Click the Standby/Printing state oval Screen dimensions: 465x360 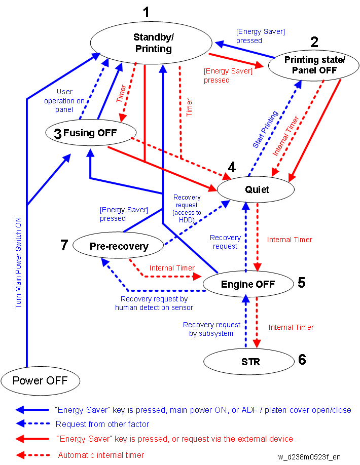point(152,43)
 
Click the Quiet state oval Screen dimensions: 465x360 point(256,189)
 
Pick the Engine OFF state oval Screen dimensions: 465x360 point(247,284)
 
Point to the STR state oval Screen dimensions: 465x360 point(247,362)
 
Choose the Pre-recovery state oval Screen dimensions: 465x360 point(119,246)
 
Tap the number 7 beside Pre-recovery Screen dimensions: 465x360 point(63,246)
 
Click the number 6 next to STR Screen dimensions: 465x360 point(302,360)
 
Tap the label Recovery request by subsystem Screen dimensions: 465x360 point(211,329)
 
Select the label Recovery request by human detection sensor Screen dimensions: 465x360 point(154,303)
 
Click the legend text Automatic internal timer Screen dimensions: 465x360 point(101,455)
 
